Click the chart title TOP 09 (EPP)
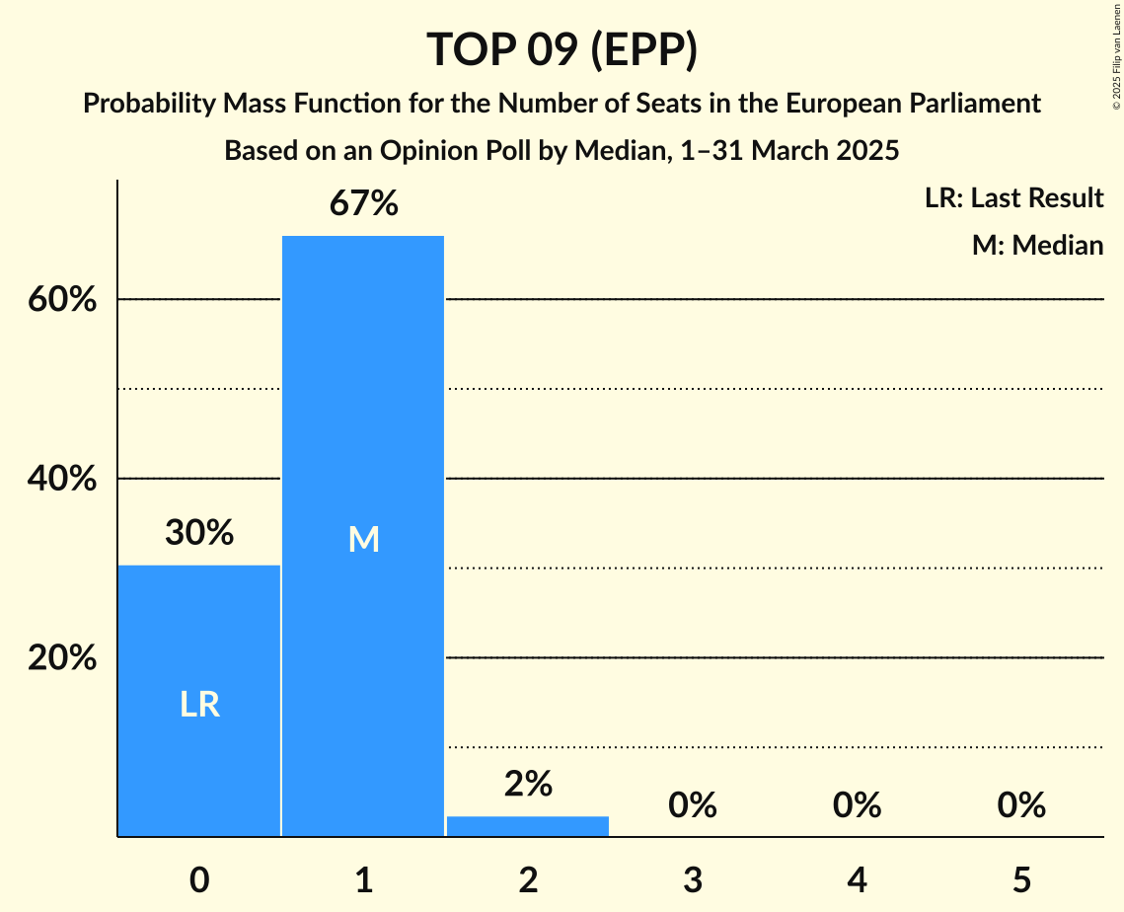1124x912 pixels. (x=562, y=50)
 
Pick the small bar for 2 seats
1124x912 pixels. (x=528, y=826)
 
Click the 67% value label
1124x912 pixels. (x=363, y=204)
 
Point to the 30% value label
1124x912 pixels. (x=199, y=533)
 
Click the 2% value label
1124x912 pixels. (x=528, y=784)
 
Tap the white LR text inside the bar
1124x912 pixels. (x=199, y=705)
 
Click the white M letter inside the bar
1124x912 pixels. (x=363, y=539)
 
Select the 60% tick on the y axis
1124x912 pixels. (x=62, y=300)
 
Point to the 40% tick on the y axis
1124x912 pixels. (x=62, y=479)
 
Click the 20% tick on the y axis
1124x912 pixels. (x=62, y=657)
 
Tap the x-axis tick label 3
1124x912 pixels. (x=692, y=879)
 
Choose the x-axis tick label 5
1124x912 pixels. (x=1020, y=879)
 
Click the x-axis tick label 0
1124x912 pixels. (x=199, y=879)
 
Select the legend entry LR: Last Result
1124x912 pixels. (x=1013, y=198)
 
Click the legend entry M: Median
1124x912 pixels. (x=1037, y=245)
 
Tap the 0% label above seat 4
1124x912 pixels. (x=857, y=806)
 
